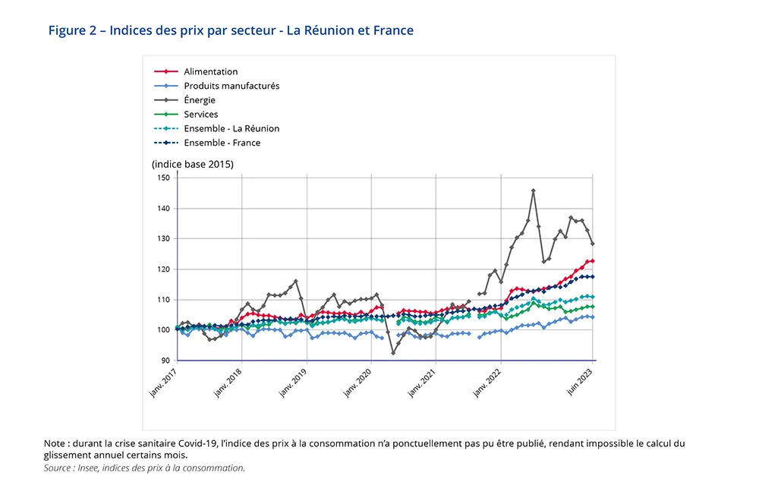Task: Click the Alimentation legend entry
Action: (x=210, y=72)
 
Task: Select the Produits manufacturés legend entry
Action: (x=231, y=86)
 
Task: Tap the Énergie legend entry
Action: (x=199, y=100)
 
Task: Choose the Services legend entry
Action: (x=200, y=115)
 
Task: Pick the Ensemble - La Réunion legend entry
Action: (x=231, y=128)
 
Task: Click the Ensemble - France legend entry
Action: (x=222, y=143)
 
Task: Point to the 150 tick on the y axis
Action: (x=163, y=178)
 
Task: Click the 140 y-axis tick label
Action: (x=163, y=208)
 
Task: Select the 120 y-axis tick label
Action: (x=163, y=269)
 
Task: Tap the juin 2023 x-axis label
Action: (x=581, y=380)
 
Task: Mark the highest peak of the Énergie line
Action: (x=534, y=190)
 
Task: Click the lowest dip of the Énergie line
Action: (x=393, y=353)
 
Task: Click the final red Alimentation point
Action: (x=592, y=261)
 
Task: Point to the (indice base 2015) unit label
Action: (x=192, y=164)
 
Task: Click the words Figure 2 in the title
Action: (x=74, y=30)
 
